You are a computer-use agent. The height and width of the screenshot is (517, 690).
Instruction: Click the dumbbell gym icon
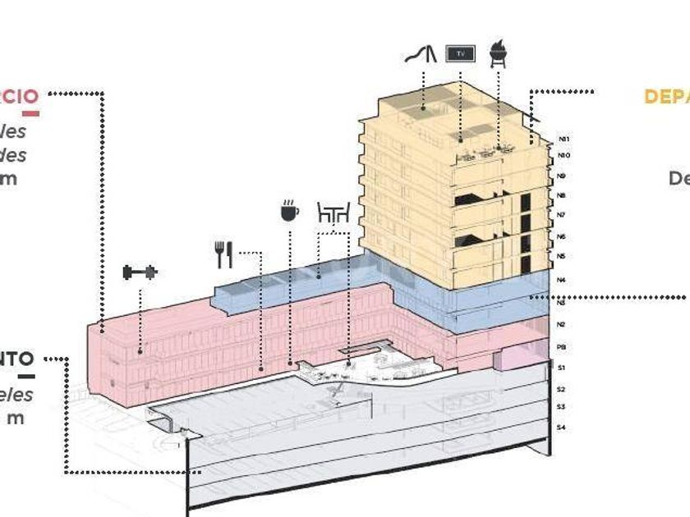click(140, 272)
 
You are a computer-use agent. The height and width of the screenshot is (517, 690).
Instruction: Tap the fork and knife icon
click(224, 254)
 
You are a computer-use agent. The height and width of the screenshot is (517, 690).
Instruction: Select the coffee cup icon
click(289, 210)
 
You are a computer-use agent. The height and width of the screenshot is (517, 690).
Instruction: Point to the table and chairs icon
click(333, 213)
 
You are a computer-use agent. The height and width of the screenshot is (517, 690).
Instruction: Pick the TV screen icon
click(460, 54)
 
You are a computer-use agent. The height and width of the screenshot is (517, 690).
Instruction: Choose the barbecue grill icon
click(498, 53)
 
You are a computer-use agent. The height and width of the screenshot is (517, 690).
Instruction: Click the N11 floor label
click(563, 140)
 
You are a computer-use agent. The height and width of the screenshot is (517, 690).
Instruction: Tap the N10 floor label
click(563, 155)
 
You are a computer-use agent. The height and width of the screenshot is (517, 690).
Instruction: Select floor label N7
click(562, 215)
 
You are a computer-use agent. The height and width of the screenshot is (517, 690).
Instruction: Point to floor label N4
click(562, 280)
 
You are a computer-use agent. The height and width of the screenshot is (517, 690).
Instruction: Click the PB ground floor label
click(562, 347)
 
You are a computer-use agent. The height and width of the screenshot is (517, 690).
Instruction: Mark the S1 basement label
click(562, 368)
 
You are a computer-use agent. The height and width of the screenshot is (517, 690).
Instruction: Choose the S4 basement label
click(562, 428)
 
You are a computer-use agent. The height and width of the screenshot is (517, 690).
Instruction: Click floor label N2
click(562, 325)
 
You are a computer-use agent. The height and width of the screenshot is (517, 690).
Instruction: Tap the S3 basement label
click(562, 407)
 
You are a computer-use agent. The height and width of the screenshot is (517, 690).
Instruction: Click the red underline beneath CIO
click(30, 112)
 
